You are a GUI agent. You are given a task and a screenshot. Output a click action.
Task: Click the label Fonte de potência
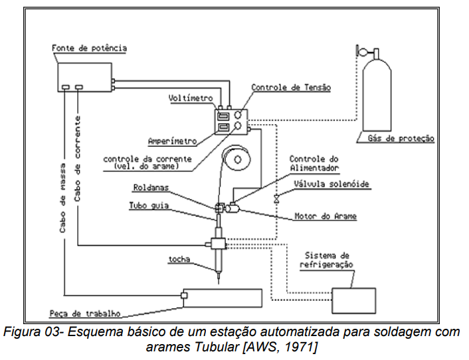coord(89,48)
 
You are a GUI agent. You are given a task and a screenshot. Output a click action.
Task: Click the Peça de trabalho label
coord(83,314)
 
